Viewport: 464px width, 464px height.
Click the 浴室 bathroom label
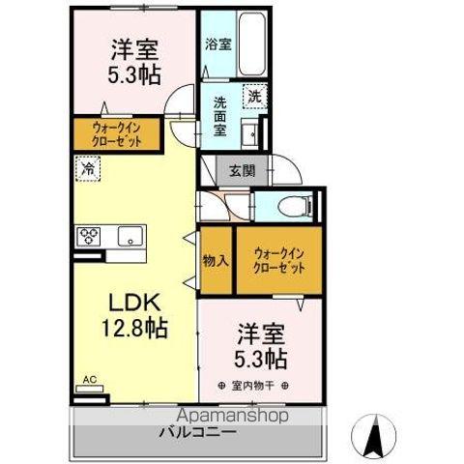(218, 44)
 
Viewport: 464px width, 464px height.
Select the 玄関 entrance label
(243, 171)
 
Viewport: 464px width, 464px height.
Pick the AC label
(90, 380)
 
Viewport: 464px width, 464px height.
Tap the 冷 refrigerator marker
(88, 169)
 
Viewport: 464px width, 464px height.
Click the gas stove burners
(90, 235)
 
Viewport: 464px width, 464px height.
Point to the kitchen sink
(129, 235)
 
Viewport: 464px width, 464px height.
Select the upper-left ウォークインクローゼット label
(118, 133)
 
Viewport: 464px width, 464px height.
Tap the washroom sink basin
(248, 133)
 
